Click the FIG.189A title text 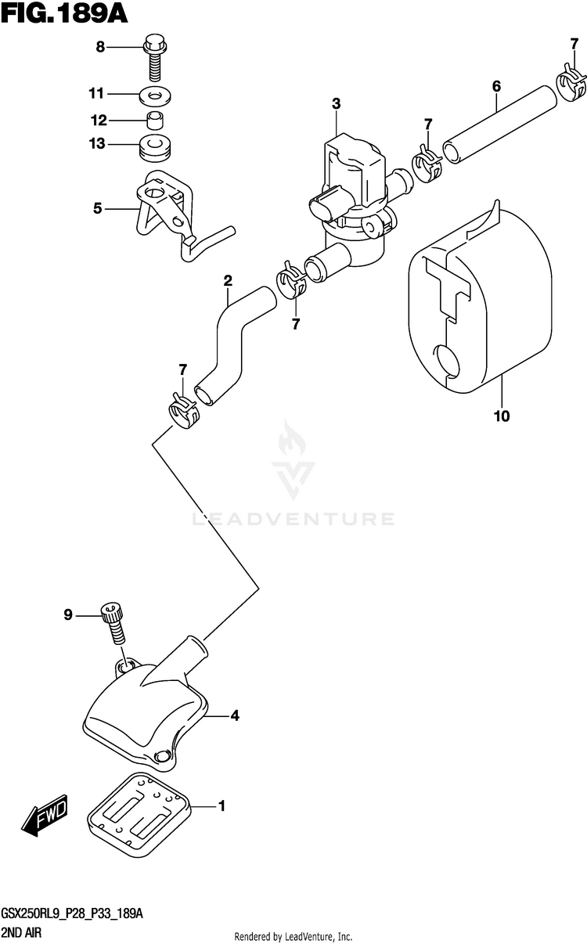[x=64, y=13]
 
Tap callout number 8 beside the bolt [x=100, y=48]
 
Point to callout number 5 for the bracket [x=97, y=208]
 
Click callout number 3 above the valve [x=336, y=103]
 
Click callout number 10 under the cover [x=501, y=416]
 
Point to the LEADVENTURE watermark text [x=293, y=518]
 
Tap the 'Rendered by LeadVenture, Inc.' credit [x=293, y=936]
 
